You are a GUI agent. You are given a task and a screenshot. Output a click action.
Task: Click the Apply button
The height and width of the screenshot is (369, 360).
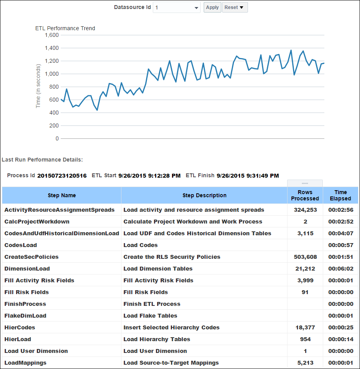212,7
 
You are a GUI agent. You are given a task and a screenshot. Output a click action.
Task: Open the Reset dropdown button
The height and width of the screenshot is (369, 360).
235,7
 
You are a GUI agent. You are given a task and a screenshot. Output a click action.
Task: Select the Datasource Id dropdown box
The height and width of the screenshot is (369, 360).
176,7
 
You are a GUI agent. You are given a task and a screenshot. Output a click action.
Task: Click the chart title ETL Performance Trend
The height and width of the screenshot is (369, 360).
65,28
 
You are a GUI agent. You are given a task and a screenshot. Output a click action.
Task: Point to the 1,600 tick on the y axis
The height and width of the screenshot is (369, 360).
52,35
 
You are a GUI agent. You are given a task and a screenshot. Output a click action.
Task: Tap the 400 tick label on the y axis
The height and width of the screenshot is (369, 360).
54,113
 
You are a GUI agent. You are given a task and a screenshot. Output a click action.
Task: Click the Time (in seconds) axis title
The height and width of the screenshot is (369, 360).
38,86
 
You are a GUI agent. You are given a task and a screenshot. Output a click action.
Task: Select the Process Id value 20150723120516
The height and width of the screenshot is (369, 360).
62,176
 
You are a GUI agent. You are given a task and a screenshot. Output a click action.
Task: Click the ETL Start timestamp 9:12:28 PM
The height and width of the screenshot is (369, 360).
149,176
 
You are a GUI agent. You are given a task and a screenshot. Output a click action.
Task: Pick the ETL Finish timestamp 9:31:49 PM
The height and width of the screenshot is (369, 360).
248,176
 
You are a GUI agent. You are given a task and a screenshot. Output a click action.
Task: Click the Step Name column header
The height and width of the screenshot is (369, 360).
62,195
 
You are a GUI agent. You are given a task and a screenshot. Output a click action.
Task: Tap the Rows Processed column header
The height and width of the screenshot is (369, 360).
305,195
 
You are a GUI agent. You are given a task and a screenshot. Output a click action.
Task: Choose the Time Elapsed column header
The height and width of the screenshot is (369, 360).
340,195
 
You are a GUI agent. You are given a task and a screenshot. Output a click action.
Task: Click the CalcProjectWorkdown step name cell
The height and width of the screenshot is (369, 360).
37,222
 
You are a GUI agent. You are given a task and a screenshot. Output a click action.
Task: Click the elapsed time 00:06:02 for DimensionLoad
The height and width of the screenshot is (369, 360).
340,269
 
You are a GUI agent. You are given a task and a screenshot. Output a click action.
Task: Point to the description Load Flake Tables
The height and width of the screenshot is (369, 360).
150,316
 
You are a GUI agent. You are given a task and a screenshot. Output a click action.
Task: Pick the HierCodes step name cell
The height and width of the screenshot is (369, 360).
20,327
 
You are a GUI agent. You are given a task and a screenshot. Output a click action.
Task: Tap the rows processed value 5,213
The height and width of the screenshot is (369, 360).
305,363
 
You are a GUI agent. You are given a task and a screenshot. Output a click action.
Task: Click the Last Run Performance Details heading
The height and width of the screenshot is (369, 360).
42,160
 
